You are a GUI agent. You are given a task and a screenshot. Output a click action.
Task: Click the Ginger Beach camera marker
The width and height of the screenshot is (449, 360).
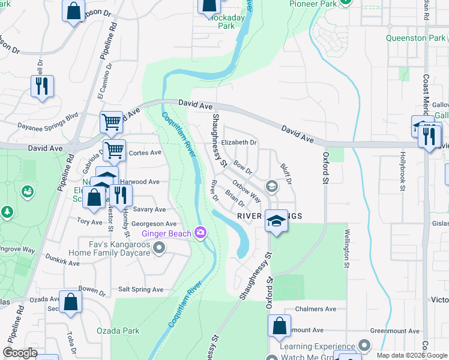pyautogui.click(x=201, y=233)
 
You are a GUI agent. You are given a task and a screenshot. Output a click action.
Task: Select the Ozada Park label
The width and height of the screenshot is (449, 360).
pyautogui.click(x=118, y=331)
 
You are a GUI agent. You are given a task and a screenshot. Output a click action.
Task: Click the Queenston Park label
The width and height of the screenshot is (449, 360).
pyautogui.click(x=415, y=38)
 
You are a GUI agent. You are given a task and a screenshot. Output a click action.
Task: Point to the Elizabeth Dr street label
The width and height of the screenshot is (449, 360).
pyautogui.click(x=239, y=143)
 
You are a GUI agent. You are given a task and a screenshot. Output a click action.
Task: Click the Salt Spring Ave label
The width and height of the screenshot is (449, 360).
pyautogui.click(x=140, y=289)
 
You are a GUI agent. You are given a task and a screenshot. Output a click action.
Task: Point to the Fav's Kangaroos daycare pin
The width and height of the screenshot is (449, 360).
pyautogui.click(x=159, y=247)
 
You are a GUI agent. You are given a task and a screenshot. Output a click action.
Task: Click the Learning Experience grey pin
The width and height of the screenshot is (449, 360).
pyautogui.click(x=364, y=346)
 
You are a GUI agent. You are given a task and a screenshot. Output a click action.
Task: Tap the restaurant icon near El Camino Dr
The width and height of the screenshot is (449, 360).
pyautogui.click(x=42, y=86)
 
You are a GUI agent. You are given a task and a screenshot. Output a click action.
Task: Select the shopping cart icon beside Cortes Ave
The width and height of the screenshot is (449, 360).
pyautogui.click(x=114, y=150)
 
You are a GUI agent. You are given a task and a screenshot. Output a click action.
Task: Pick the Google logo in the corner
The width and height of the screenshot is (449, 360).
pyautogui.click(x=20, y=352)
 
